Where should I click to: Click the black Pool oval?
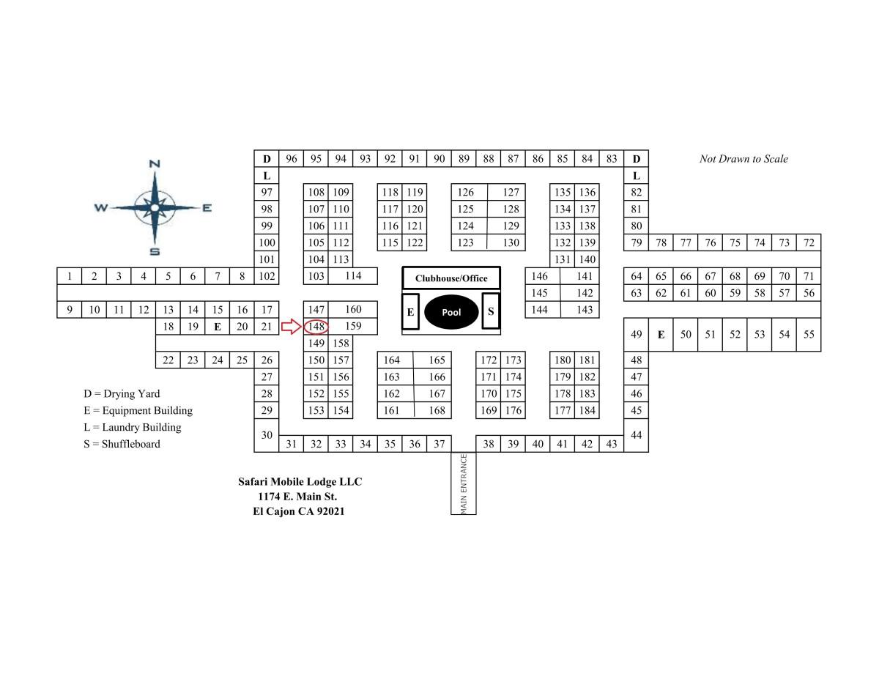(x=451, y=312)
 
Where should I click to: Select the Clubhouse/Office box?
(x=451, y=278)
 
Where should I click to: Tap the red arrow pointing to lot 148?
(x=292, y=327)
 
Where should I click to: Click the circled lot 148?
(x=316, y=327)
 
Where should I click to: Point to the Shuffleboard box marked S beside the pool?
(x=491, y=311)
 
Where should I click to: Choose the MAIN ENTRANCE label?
(x=464, y=483)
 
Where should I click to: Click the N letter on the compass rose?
(x=155, y=164)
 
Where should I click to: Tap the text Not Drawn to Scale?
(x=743, y=159)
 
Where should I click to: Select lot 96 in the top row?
(x=292, y=158)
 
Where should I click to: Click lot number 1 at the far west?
(x=70, y=276)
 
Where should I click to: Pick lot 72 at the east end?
(x=809, y=242)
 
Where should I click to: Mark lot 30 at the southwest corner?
(x=267, y=435)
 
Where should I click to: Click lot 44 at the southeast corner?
(x=637, y=435)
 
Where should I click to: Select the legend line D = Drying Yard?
(x=122, y=394)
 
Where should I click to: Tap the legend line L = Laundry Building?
(x=133, y=428)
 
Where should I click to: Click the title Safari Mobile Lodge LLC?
(x=300, y=482)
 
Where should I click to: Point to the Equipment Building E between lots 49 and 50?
(x=661, y=335)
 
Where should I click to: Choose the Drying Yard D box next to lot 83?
(x=637, y=158)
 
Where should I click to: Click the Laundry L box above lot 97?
(x=267, y=176)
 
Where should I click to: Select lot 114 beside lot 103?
(x=353, y=276)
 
